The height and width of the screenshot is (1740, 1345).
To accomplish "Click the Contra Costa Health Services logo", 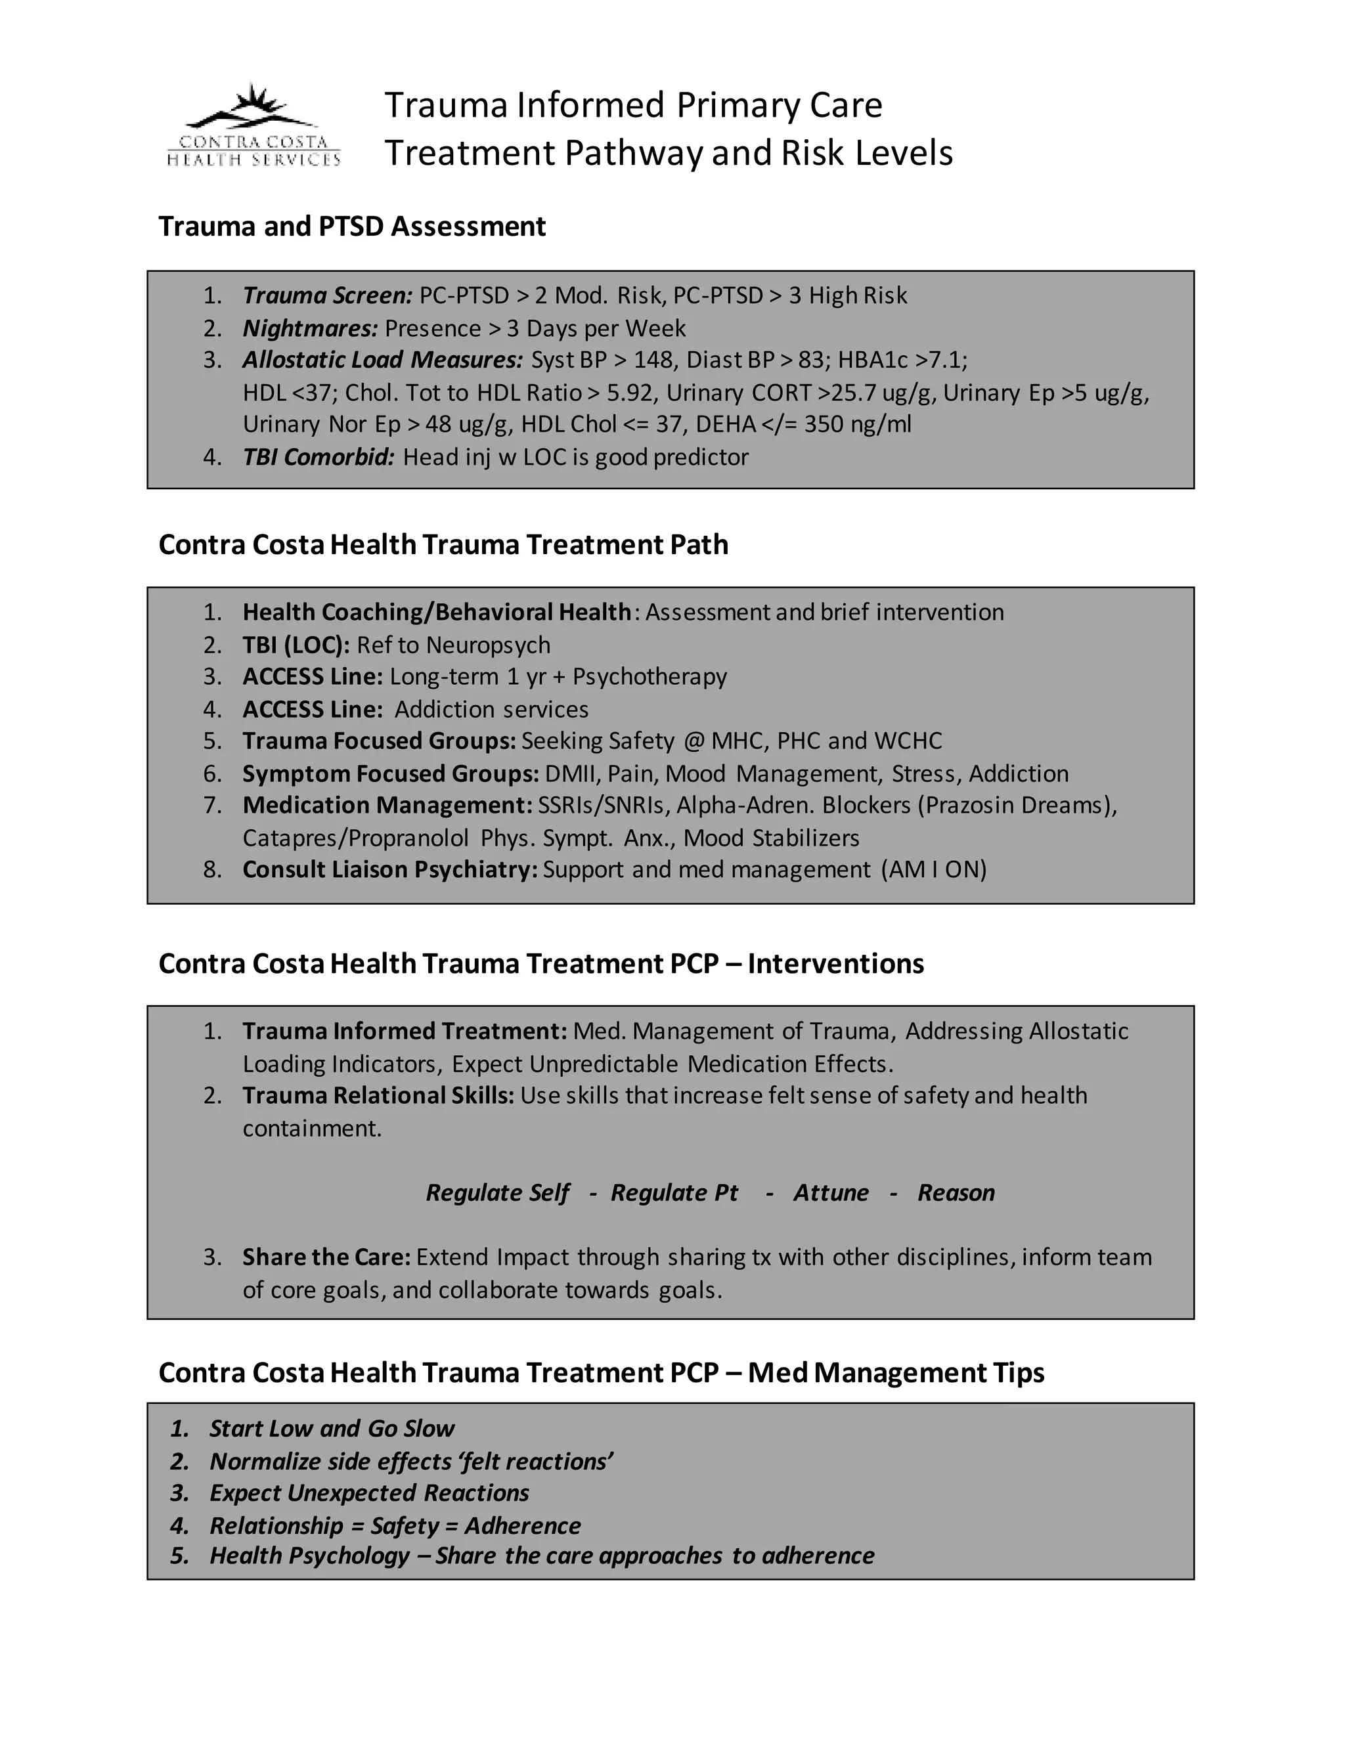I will pos(254,126).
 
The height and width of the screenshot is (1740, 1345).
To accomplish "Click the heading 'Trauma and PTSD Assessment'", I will pos(351,227).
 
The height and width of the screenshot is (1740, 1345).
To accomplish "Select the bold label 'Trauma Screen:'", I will pos(328,295).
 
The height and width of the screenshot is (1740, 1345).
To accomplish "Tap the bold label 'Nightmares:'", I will pos(310,328).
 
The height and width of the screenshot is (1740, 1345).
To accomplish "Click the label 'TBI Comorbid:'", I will pos(318,457).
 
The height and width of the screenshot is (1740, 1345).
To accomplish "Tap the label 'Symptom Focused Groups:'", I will pos(391,773).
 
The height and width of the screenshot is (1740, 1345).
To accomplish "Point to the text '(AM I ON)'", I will pos(934,869).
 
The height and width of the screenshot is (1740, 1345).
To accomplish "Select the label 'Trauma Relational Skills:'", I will pos(378,1095).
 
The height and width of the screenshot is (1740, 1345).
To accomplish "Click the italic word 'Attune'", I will pos(830,1192).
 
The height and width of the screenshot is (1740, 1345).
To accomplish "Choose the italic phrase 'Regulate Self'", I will pos(497,1192).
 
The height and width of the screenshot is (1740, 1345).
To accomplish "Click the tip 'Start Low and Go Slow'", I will pos(332,1429).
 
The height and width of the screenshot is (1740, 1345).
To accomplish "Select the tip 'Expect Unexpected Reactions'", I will pos(369,1493).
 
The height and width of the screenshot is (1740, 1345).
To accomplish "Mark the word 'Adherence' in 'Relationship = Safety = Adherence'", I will pos(523,1526).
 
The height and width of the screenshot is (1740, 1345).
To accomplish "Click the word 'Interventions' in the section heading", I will pos(835,963).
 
